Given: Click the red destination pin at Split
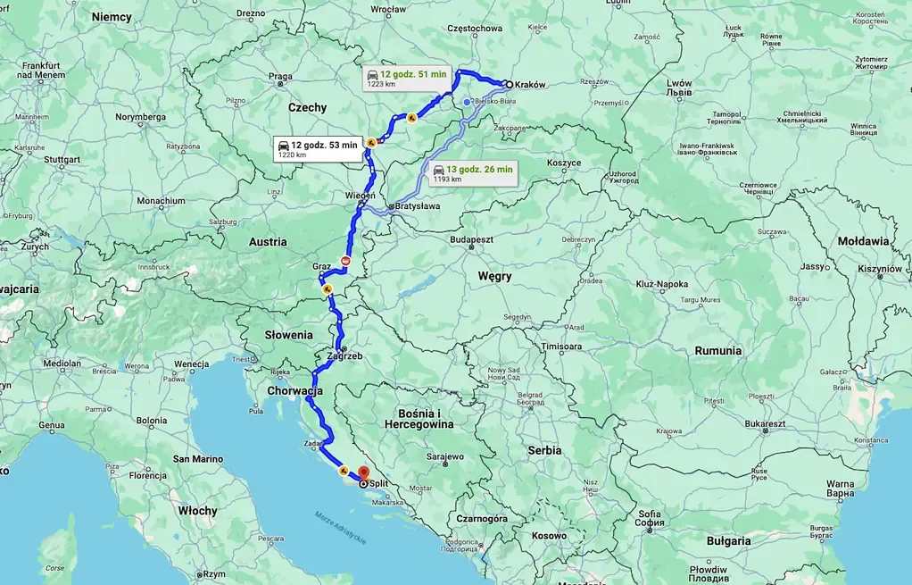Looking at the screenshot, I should point(362,473).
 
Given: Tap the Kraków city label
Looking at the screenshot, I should point(529,86).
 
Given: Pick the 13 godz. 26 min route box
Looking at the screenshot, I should point(472,173).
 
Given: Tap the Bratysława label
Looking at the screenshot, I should point(418,206).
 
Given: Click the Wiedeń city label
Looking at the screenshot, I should point(360,195).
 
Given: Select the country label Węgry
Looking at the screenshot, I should point(494,277).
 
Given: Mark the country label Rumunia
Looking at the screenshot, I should point(718,351).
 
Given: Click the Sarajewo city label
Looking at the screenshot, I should point(444,456).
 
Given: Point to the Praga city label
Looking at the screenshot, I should point(280,77).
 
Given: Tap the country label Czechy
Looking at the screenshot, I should point(307,107).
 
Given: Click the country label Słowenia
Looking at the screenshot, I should point(288,335).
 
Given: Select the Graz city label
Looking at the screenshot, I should point(321,266).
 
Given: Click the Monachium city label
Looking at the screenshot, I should point(162,201).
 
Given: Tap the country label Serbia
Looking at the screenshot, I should point(544,450).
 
